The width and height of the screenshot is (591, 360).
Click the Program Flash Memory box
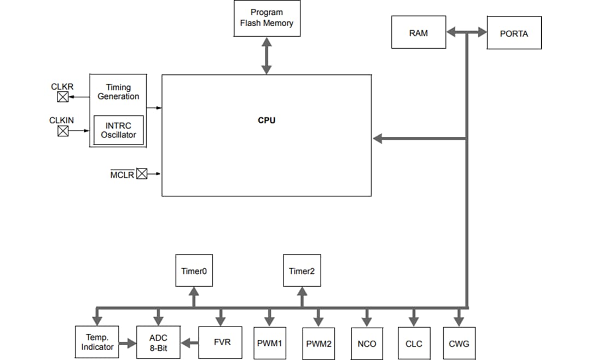(x=266, y=19)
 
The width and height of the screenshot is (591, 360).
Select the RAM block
(x=419, y=33)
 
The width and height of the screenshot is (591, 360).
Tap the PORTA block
(x=514, y=33)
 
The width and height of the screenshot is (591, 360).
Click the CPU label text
(x=266, y=120)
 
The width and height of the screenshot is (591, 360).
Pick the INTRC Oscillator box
(x=118, y=130)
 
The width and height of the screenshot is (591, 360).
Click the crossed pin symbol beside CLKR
(x=63, y=97)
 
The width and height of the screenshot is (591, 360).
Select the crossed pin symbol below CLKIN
(x=63, y=131)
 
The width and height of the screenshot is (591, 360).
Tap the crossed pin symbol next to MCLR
(x=142, y=174)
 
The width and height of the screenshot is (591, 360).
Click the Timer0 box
(x=194, y=270)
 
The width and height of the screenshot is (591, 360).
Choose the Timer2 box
(x=302, y=270)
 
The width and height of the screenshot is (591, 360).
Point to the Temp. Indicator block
(x=97, y=342)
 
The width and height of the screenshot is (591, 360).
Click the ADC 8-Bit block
(x=158, y=342)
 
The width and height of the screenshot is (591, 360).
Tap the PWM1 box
(x=269, y=344)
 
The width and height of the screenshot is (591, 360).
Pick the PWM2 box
(x=318, y=344)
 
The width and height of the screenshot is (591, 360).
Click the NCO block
(x=367, y=344)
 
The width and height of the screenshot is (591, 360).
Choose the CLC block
(x=414, y=344)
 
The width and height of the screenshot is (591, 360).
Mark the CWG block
(x=459, y=344)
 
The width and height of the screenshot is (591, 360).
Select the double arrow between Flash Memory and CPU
(x=266, y=56)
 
